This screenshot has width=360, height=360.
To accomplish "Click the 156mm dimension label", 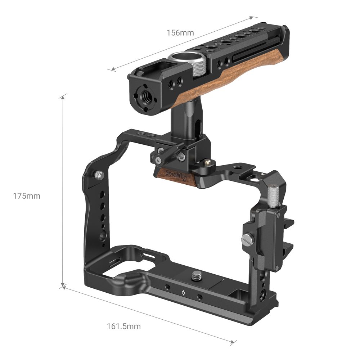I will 180,33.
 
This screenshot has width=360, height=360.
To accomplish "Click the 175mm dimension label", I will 27,196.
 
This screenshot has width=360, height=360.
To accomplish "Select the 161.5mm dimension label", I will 123,327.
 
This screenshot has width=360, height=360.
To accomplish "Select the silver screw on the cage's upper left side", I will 100,175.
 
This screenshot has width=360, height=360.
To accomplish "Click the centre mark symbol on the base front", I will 184,293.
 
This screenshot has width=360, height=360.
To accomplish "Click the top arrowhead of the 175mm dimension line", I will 63,96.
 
